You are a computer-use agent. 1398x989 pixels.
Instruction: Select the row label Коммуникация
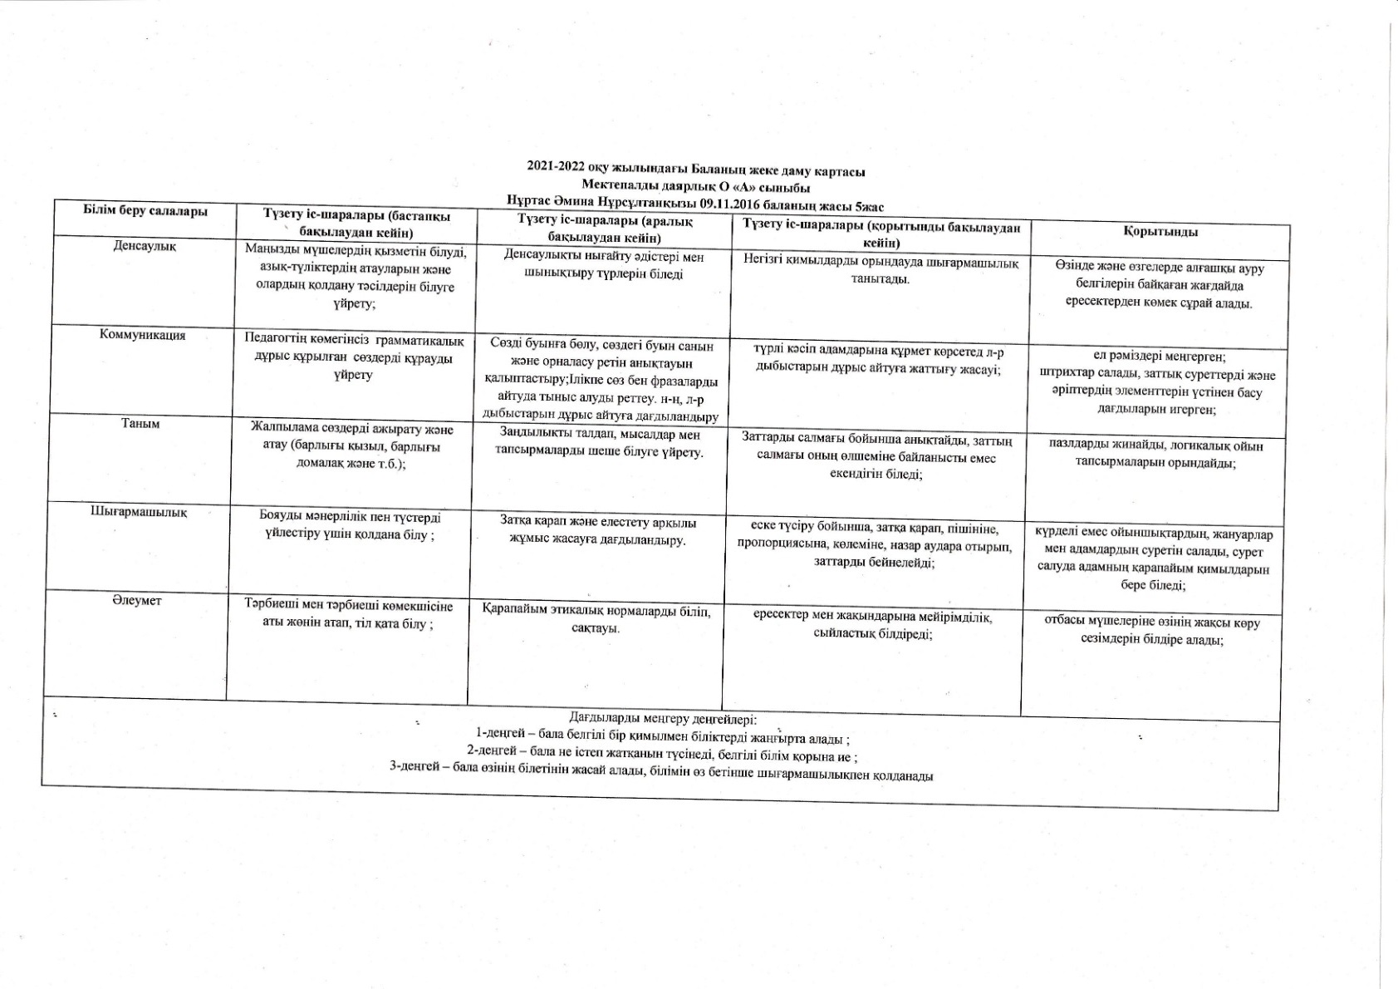pyautogui.click(x=142, y=335)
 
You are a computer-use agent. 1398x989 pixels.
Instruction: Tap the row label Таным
pyautogui.click(x=141, y=423)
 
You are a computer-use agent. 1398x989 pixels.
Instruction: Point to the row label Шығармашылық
pyautogui.click(x=139, y=512)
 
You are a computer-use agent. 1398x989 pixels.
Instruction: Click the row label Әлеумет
pyautogui.click(x=137, y=600)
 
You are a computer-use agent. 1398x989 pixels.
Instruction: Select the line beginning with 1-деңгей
pyautogui.click(x=662, y=738)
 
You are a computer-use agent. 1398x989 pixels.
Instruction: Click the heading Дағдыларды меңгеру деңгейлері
pyautogui.click(x=662, y=719)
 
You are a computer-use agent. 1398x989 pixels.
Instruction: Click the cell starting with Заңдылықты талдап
pyautogui.click(x=601, y=444)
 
